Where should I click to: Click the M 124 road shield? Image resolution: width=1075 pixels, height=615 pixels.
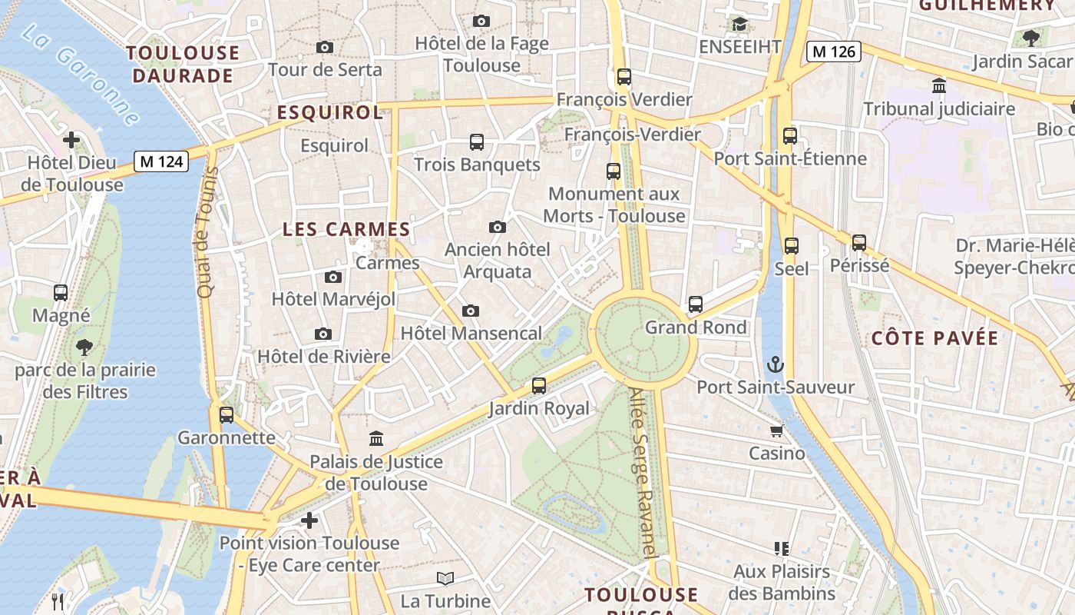click(x=161, y=161)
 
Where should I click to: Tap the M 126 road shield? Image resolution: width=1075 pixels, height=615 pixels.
click(x=833, y=52)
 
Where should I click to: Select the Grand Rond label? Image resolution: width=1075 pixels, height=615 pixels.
click(x=696, y=327)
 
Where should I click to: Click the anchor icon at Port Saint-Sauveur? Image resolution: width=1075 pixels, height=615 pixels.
click(x=776, y=364)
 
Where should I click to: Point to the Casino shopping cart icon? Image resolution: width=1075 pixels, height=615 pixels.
click(x=777, y=430)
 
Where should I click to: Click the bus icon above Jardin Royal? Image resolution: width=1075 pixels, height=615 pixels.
click(x=539, y=386)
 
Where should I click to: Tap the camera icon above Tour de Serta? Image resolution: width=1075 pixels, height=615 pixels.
click(x=325, y=48)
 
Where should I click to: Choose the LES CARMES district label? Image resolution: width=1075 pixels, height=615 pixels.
click(x=346, y=229)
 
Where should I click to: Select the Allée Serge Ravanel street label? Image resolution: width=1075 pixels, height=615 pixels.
click(x=643, y=473)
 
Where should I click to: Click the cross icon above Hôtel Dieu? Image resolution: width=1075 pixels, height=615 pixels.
click(x=71, y=140)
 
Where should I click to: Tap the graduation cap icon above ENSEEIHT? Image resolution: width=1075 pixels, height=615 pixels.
click(x=739, y=25)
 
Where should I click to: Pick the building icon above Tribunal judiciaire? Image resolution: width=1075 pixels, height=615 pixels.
click(x=938, y=85)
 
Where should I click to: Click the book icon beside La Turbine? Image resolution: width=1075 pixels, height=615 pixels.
click(x=445, y=579)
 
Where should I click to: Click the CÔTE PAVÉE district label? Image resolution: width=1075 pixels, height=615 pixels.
click(x=934, y=338)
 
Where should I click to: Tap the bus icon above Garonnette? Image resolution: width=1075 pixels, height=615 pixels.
click(x=227, y=415)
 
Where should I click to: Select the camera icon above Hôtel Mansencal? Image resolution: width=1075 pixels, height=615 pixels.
click(x=471, y=311)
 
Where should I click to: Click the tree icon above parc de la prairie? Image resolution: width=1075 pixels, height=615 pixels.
click(x=84, y=347)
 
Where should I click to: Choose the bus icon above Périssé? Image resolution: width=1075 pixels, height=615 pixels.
click(x=859, y=243)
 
